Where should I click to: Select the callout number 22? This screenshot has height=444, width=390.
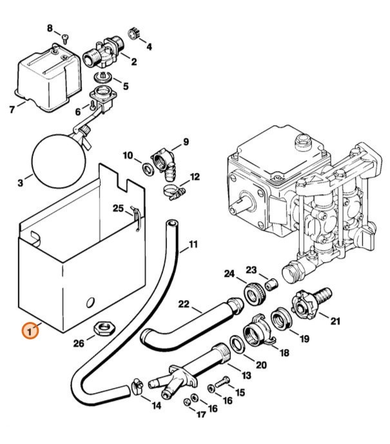pos(184,304)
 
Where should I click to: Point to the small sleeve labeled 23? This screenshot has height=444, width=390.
pos(271,283)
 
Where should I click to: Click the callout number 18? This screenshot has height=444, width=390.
pos(284,353)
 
